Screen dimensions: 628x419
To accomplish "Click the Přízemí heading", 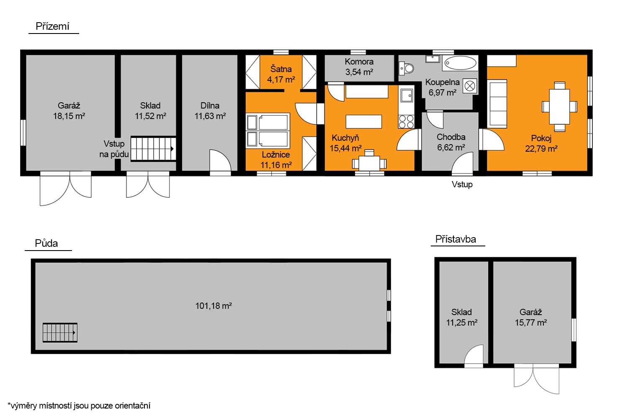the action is click(x=52, y=26).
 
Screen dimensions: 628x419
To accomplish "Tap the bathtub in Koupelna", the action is click(x=461, y=63).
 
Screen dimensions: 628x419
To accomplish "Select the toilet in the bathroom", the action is click(x=406, y=68).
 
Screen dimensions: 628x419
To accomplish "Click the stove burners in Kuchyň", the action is click(x=406, y=122).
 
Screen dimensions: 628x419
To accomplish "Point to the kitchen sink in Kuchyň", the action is click(x=407, y=96).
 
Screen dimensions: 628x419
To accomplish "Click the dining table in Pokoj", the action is click(x=559, y=107).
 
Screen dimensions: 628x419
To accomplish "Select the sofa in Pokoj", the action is click(x=497, y=104).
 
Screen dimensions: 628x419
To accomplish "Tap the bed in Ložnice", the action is click(x=268, y=130).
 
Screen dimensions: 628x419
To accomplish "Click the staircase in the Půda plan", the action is click(x=60, y=333).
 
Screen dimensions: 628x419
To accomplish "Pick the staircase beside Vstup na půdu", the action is click(x=153, y=149).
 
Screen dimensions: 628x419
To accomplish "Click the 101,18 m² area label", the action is click(x=214, y=305).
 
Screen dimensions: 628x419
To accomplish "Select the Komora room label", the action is click(x=359, y=62).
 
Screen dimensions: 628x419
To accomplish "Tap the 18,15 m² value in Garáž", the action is click(x=69, y=116).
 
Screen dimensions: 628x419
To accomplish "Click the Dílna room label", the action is click(x=210, y=106).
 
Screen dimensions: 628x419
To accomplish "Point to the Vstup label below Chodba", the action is click(x=462, y=184).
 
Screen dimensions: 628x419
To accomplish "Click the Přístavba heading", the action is click(x=456, y=239).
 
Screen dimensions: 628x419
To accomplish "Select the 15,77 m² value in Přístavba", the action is click(x=531, y=323).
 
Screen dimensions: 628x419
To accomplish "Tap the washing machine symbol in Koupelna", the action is click(x=470, y=85).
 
